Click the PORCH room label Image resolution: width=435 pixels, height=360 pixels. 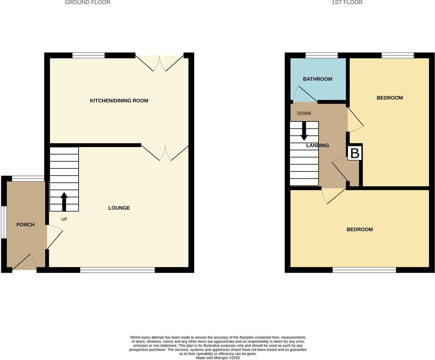[x=25, y=225]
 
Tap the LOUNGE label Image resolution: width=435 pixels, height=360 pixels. [x=119, y=208]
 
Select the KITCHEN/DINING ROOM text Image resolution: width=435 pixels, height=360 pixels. [x=119, y=101]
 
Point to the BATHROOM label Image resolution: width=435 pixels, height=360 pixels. [x=318, y=79]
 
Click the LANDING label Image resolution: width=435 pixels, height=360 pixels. [x=318, y=145]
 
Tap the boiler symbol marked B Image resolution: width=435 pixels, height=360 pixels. [x=355, y=153]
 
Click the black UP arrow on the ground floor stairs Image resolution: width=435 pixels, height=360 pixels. [x=64, y=202]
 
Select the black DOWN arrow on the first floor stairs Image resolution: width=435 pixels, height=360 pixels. [x=304, y=131]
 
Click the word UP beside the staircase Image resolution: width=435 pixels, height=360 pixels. [x=64, y=219]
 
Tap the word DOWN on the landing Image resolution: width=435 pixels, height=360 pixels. [x=304, y=113]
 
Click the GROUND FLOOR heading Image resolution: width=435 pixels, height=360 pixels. [x=88, y=2]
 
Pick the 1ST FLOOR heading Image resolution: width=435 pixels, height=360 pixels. [x=347, y=2]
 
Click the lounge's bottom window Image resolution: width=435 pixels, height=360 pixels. [x=117, y=270]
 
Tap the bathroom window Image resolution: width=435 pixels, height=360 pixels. [x=322, y=55]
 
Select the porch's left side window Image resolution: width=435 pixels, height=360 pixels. [x=3, y=222]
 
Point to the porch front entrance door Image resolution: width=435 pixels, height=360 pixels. [x=24, y=263]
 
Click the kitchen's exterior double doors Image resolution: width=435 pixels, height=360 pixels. [x=159, y=62]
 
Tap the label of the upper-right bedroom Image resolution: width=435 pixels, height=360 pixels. [x=390, y=98]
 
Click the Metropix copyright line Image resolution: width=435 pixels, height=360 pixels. [x=218, y=358]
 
